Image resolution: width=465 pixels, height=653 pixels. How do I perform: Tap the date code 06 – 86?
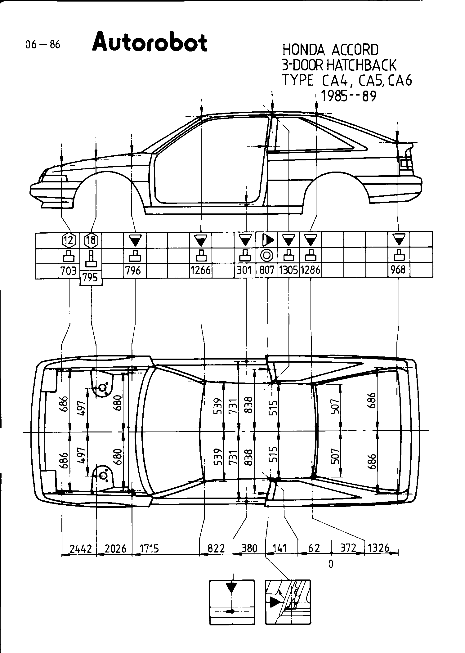point(43,45)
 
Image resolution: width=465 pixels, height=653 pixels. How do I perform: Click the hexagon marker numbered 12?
point(69,239)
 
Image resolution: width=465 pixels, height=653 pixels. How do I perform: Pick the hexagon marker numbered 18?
point(91,239)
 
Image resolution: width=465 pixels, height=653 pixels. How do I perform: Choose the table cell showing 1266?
point(201,271)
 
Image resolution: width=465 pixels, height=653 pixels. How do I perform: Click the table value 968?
point(398,270)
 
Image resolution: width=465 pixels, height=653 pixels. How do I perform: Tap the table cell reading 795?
point(91,278)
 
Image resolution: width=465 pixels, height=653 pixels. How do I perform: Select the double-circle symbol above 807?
point(267,256)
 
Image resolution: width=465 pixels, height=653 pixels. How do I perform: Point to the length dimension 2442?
point(81,549)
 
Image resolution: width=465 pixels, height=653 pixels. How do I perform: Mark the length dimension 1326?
point(378,548)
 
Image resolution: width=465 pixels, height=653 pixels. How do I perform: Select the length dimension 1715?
point(149,549)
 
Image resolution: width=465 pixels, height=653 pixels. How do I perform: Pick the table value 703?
point(69,271)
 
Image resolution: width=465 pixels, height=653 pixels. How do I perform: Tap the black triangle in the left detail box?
point(231,588)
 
